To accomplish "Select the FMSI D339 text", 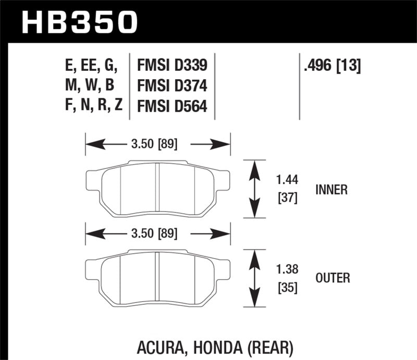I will pyautogui.click(x=172, y=66).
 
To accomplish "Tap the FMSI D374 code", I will pyautogui.click(x=172, y=86).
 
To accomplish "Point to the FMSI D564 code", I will pyautogui.click(x=172, y=106).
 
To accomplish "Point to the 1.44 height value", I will pyautogui.click(x=286, y=180).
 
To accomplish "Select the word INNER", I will pyautogui.click(x=331, y=190).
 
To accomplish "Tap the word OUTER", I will pyautogui.click(x=333, y=279).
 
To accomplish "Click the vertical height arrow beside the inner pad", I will pyautogui.click(x=255, y=189).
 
